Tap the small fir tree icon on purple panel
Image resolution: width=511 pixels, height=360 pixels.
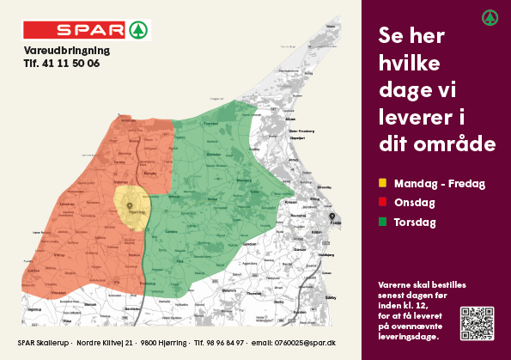tap(490, 16)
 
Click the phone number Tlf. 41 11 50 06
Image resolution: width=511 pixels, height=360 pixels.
tap(62, 64)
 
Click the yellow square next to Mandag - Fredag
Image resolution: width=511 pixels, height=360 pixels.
tap(382, 183)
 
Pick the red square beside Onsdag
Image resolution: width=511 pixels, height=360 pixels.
tap(382, 203)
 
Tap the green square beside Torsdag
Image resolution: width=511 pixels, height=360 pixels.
tap(382, 223)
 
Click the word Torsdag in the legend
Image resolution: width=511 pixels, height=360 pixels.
tap(415, 223)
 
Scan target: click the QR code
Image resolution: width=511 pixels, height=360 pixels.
tap(477, 322)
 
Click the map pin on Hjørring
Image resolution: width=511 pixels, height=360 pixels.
tap(130, 206)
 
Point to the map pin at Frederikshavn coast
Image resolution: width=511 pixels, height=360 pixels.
tap(332, 217)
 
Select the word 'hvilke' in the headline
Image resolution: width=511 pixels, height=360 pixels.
tap(409, 62)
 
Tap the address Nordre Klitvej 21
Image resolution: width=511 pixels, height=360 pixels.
tap(105, 343)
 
